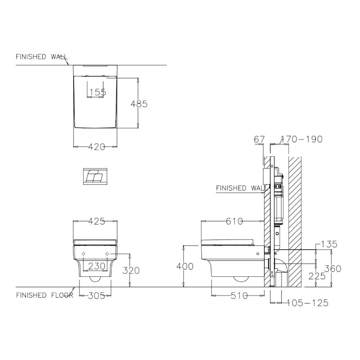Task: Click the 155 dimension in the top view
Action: tap(98, 92)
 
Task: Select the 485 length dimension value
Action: tap(139, 104)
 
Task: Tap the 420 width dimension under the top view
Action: tap(97, 147)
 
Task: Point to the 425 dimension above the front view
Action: tap(97, 221)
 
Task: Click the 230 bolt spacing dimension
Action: tap(97, 266)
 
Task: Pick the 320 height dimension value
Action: tap(131, 270)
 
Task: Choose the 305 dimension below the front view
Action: tap(97, 296)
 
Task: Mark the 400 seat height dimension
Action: tap(185, 266)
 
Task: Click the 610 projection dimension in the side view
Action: tap(234, 221)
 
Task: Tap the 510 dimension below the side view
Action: tap(239, 296)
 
